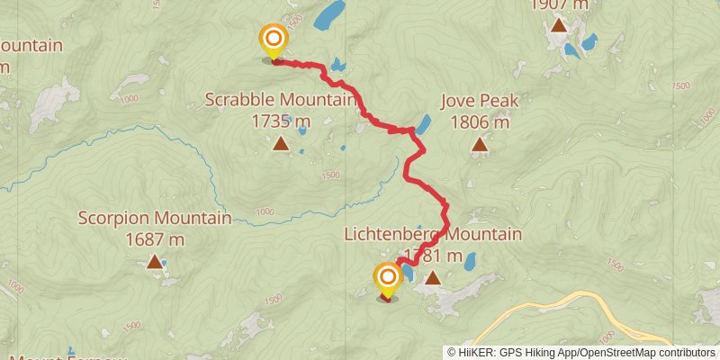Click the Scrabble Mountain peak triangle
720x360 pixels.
click(x=281, y=143)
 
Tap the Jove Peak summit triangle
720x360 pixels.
click(x=480, y=143)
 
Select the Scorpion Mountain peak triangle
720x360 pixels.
click(x=155, y=262)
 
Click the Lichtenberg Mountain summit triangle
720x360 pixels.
click(x=433, y=278)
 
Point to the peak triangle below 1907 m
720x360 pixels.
click(x=559, y=24)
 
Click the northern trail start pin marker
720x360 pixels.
click(x=273, y=40)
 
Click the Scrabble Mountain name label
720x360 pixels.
click(x=281, y=99)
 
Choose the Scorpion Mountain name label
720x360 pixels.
click(x=155, y=218)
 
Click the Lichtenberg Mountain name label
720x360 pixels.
click(x=433, y=234)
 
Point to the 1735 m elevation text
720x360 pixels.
click(x=281, y=120)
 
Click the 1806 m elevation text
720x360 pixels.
click(x=480, y=121)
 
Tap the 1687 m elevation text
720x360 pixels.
click(x=155, y=239)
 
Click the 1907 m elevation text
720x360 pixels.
click(x=559, y=4)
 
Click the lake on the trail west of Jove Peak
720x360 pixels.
click(x=422, y=124)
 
